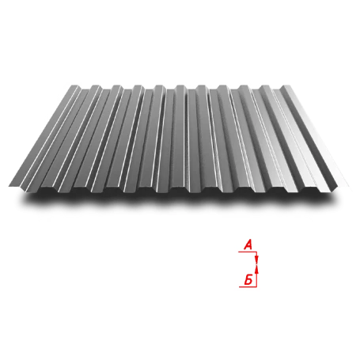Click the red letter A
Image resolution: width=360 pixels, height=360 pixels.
(x=248, y=246)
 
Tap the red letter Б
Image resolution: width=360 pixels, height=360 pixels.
(x=248, y=279)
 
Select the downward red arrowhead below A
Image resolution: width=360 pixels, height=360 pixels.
(x=256, y=260)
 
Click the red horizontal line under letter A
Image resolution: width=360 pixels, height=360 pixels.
(x=247, y=252)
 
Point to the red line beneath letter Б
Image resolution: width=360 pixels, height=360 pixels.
(x=248, y=286)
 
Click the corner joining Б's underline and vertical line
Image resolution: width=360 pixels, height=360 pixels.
(x=257, y=286)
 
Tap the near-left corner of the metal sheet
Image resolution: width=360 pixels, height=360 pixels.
(x=8, y=188)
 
